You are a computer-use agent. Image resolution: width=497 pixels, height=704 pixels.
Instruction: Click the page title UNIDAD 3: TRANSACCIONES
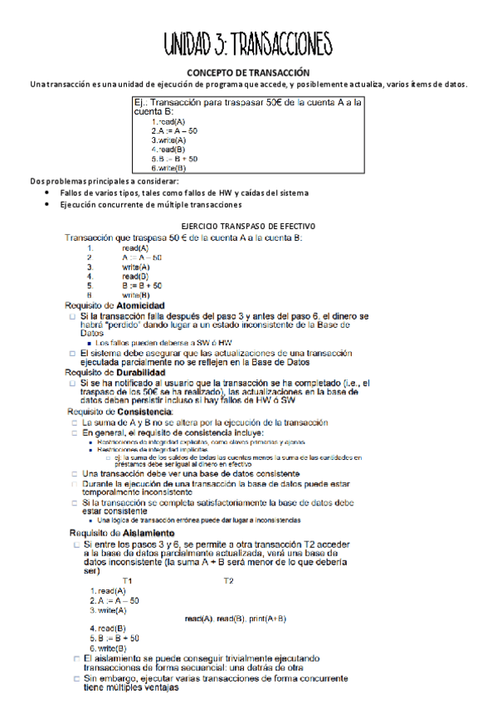pyautogui.click(x=247, y=42)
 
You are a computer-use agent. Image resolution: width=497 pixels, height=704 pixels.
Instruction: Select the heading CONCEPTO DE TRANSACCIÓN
pyautogui.click(x=248, y=73)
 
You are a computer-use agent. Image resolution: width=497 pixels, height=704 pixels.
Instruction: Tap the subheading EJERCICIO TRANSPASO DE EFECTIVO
pyautogui.click(x=247, y=226)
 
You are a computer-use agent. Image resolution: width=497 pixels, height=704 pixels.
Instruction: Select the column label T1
pyautogui.click(x=127, y=557)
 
